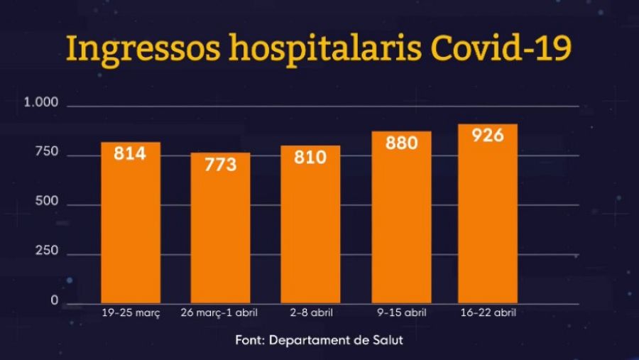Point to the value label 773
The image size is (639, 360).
pyautogui.click(x=220, y=165)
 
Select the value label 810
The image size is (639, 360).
pyautogui.click(x=310, y=157)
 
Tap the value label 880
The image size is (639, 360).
pyautogui.click(x=401, y=142)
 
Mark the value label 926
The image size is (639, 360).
pyautogui.click(x=487, y=135)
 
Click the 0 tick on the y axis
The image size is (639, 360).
pyautogui.click(x=54, y=301)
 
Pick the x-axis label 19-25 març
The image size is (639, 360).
pyautogui.click(x=131, y=312)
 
